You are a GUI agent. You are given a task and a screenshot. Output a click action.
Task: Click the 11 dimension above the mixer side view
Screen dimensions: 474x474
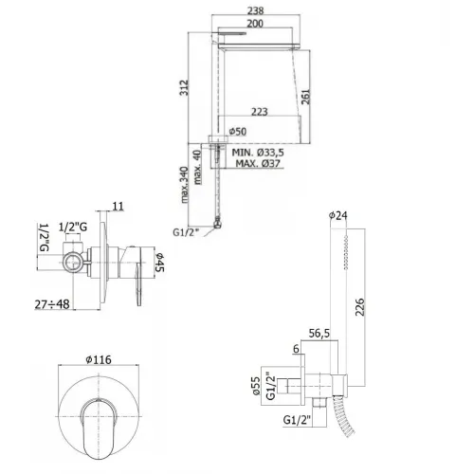[x=118, y=206]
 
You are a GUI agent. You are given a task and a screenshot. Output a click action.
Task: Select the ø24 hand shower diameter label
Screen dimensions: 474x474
[x=339, y=215]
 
